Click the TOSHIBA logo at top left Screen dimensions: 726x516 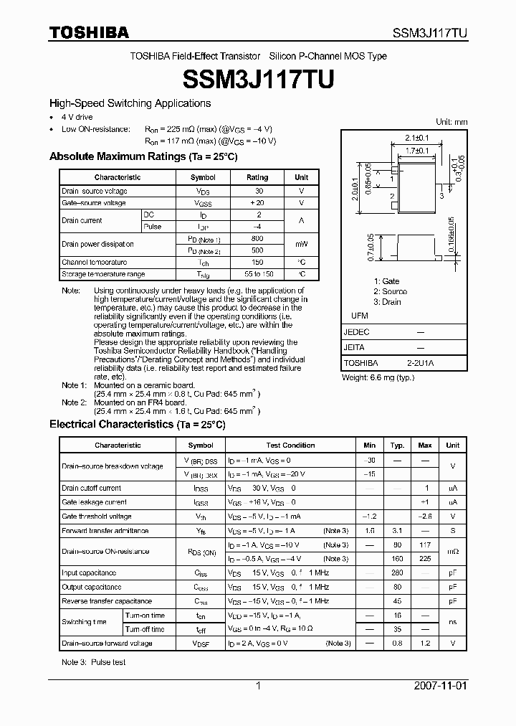90,32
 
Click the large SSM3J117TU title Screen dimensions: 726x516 258,78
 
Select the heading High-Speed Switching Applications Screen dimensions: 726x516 130,103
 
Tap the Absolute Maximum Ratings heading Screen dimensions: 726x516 143,156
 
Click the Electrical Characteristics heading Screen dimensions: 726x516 137,425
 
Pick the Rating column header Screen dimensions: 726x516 257,177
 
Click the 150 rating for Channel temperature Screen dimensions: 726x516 257,263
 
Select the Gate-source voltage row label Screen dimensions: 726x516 94,203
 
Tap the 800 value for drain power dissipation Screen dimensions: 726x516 257,239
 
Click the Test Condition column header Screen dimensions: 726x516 290,445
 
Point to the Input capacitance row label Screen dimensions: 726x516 89,573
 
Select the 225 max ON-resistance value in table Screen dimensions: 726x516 425,558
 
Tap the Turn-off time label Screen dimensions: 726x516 145,629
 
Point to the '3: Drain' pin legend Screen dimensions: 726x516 387,302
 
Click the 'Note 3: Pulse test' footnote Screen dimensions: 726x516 94,662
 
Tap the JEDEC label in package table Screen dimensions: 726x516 357,332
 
